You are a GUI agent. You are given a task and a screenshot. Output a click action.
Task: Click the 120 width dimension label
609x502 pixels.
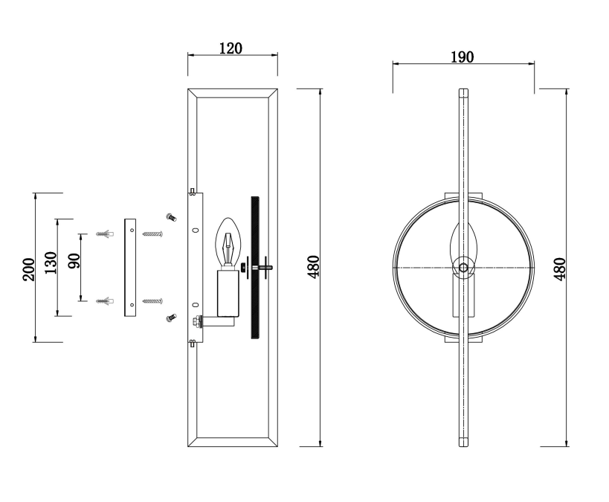click(x=231, y=48)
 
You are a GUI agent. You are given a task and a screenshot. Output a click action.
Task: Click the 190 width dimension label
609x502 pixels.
click(x=463, y=57)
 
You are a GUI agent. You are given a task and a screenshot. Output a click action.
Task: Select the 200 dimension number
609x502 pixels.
click(x=29, y=269)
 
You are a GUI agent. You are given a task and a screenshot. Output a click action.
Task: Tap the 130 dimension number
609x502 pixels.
click(x=51, y=263)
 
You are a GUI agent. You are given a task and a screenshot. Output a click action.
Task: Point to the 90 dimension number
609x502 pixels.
click(x=74, y=261)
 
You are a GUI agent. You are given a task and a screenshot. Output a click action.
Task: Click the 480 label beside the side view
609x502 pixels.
click(x=314, y=266)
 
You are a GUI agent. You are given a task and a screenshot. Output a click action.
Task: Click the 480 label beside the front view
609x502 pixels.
click(x=560, y=269)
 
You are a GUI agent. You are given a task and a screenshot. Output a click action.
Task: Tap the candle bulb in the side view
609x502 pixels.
click(x=228, y=243)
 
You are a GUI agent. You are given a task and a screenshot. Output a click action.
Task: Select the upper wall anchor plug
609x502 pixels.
click(x=105, y=234)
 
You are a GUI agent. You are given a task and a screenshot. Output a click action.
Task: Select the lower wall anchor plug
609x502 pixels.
click(x=105, y=301)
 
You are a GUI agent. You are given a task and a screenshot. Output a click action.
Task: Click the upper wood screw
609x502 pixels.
click(x=152, y=234)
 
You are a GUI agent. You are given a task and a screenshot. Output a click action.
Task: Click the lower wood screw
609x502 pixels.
click(x=152, y=301)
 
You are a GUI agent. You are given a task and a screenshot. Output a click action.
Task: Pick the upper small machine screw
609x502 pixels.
click(x=171, y=217)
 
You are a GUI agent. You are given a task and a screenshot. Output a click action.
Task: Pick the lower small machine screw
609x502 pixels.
click(x=171, y=318)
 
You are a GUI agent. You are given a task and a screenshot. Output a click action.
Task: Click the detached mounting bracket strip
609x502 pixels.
click(x=130, y=267)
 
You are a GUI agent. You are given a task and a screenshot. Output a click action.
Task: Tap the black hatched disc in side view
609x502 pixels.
click(x=255, y=268)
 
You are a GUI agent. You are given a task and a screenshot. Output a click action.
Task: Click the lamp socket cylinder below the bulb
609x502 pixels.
click(x=228, y=293)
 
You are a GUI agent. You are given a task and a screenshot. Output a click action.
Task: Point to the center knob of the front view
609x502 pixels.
click(x=463, y=268)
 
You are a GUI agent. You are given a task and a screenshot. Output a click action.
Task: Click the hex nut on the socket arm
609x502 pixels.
click(x=196, y=321)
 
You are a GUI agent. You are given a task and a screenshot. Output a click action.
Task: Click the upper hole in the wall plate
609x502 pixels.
click(x=196, y=230)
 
